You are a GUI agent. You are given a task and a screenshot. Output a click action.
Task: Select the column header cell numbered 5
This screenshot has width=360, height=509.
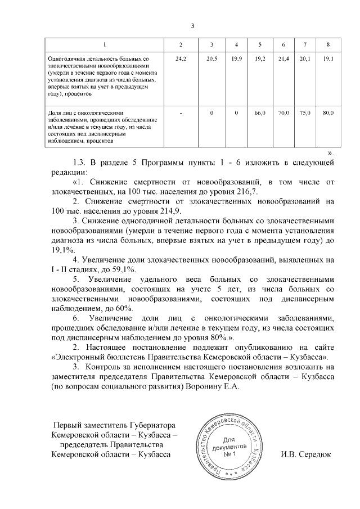[259, 44]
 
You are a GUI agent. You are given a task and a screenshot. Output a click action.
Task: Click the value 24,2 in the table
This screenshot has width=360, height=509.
[181, 58]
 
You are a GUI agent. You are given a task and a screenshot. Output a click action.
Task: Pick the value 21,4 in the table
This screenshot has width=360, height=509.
[283, 58]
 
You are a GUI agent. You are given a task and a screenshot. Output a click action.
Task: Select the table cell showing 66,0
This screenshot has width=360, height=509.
[259, 113]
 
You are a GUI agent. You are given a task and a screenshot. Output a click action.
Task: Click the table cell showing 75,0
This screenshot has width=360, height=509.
[305, 113]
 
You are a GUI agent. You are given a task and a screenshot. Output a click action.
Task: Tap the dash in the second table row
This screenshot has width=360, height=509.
[181, 113]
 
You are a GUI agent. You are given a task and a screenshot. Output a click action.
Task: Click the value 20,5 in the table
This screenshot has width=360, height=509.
[211, 58]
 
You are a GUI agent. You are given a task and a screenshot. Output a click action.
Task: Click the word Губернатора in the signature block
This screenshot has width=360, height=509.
[153, 425]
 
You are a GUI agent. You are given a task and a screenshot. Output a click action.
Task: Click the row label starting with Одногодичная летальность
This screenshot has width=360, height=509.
[98, 58]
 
